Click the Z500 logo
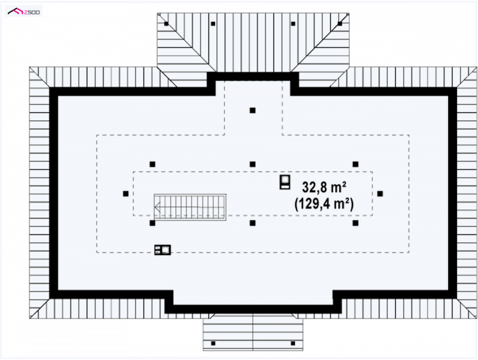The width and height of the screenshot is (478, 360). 23,11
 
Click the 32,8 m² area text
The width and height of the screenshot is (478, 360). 324,187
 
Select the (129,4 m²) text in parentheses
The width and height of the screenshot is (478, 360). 324,204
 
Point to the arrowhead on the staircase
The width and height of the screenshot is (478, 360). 157,208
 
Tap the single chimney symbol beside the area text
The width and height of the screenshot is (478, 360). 285,182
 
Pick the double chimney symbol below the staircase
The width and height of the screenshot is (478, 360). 163,250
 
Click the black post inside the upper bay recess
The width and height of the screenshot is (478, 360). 252,111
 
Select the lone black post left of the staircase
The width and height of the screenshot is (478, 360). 125,194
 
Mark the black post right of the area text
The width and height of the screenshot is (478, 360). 380,194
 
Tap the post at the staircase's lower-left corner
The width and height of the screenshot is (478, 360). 152,223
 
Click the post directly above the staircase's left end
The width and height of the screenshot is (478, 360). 152,164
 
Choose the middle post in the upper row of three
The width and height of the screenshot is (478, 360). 252,164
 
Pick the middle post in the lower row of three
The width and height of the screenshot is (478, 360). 252,223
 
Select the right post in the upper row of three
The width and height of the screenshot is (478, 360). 356,164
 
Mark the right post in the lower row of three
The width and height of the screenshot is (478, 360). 356,223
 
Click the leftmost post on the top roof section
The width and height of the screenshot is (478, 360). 166,23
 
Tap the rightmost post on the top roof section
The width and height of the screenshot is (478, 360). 340,23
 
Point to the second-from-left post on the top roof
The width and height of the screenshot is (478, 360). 213,23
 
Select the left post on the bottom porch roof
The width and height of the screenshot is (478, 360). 213,343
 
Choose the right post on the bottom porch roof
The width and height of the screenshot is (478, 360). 293,343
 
